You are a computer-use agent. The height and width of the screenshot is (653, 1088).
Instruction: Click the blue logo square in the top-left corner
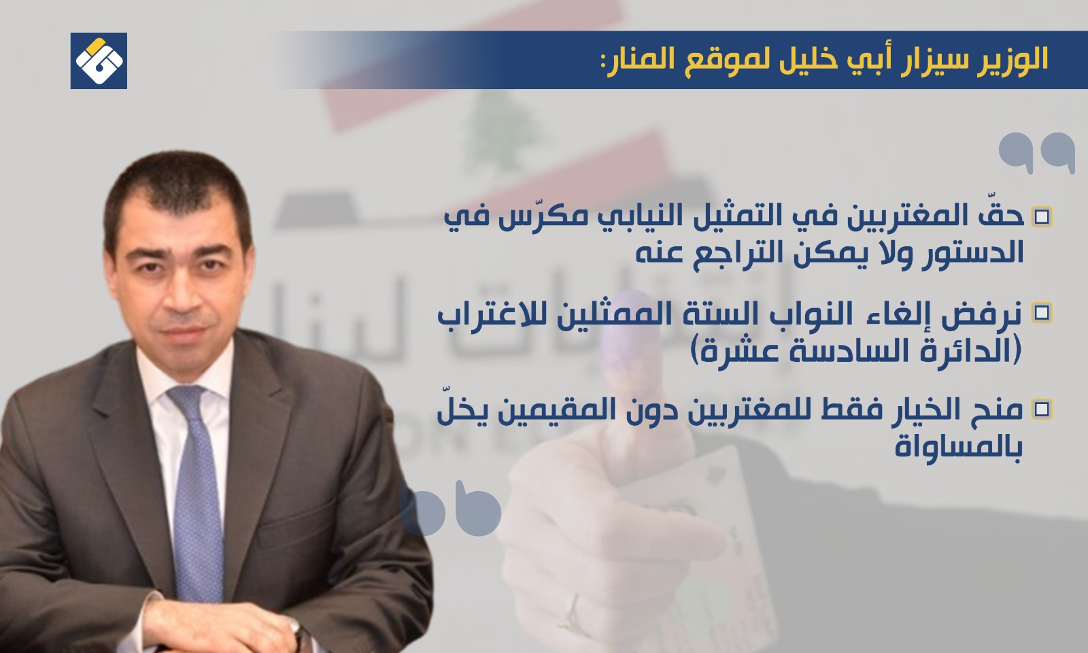99,61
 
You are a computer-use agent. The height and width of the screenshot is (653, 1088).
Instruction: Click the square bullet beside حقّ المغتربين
1041,217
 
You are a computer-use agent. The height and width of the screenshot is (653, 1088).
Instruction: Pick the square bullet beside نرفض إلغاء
1041,314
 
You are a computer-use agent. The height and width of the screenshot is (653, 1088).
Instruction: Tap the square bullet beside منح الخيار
1041,409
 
